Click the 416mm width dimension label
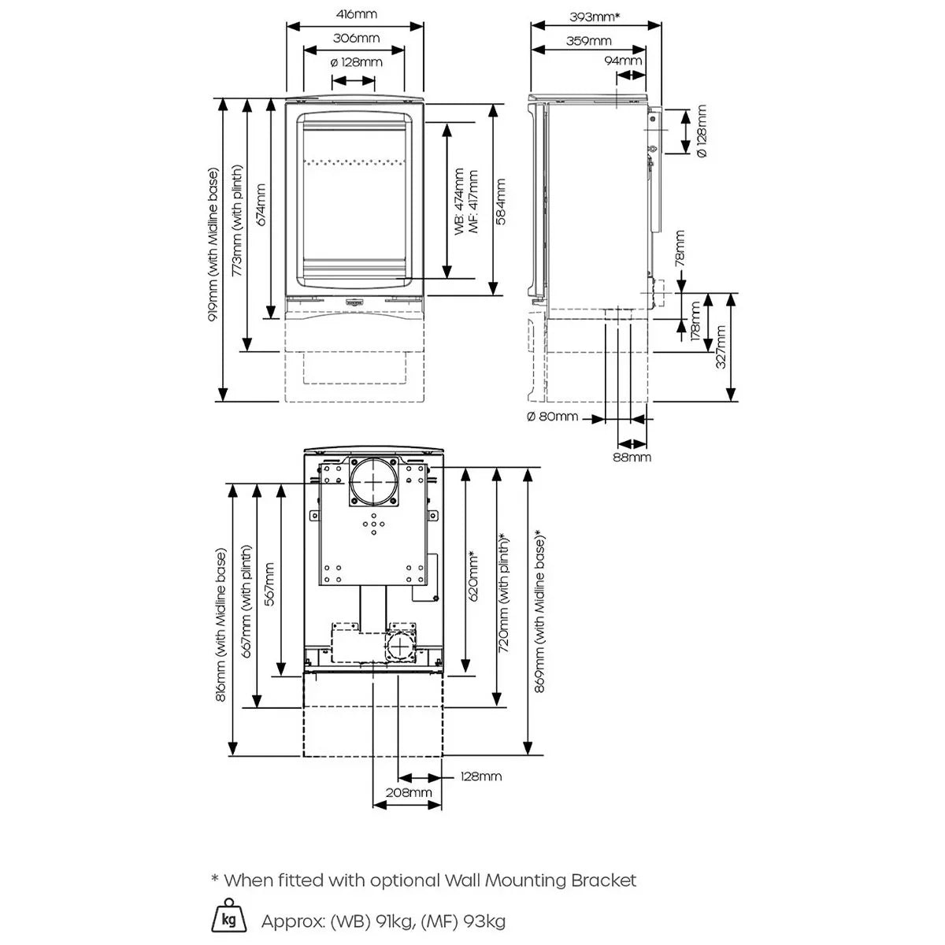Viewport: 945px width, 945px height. click(x=354, y=14)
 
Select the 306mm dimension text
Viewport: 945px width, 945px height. click(x=354, y=38)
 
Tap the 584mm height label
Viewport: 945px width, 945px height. click(x=502, y=202)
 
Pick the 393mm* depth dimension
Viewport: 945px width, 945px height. click(x=595, y=16)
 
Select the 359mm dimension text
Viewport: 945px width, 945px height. click(x=588, y=41)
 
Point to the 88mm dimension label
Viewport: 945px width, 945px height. click(x=632, y=457)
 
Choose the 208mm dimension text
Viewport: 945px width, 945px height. click(x=408, y=792)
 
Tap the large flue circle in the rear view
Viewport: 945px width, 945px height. click(x=373, y=482)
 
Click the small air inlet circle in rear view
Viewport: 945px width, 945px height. click(x=399, y=647)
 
